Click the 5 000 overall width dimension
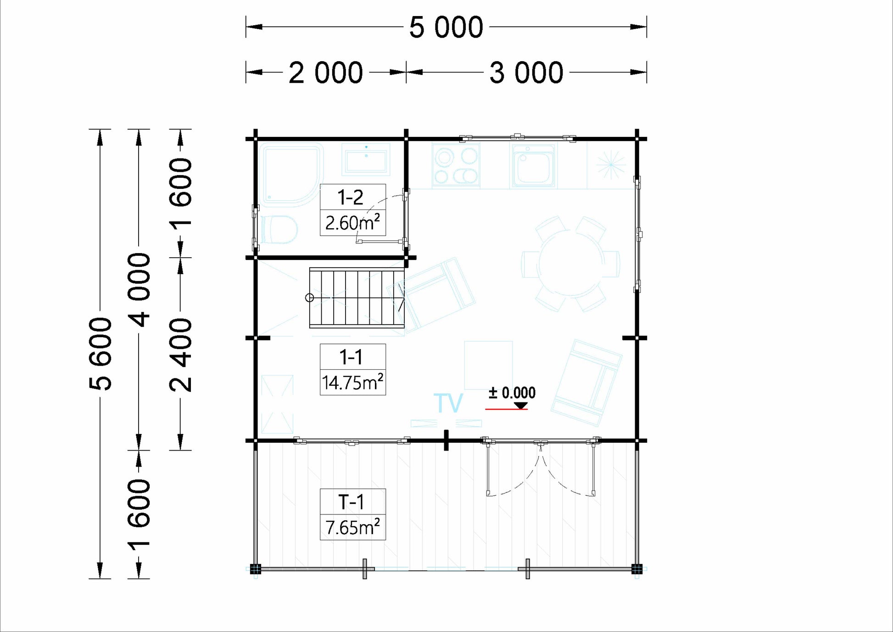click(x=446, y=27)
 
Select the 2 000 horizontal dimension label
click(x=326, y=73)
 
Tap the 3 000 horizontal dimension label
click(x=526, y=73)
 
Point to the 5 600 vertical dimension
click(x=100, y=354)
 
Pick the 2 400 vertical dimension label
click(x=181, y=355)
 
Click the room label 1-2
click(x=351, y=197)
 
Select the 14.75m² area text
click(x=352, y=382)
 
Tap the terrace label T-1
click(x=351, y=502)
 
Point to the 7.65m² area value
click(x=352, y=527)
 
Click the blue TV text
click(x=448, y=403)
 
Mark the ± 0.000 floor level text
click(x=512, y=393)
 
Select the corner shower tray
click(x=291, y=175)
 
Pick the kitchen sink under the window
click(x=534, y=166)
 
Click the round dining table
click(x=571, y=264)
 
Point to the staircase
click(x=357, y=298)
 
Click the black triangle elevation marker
click(x=520, y=406)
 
